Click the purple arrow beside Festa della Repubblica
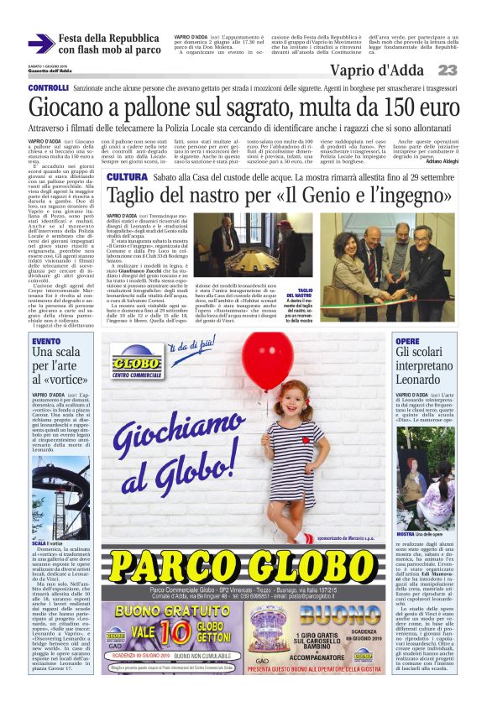click(40, 44)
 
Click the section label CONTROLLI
click(48, 88)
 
